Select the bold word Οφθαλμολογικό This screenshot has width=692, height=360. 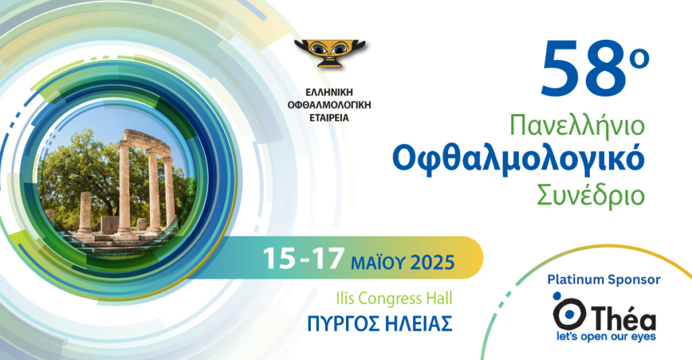click(518, 160)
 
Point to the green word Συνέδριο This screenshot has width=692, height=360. click(591, 195)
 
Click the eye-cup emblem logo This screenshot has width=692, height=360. click(330, 53)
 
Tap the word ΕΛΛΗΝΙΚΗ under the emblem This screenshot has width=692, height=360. click(329, 93)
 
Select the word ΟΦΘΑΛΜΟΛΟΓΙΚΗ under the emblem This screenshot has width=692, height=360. click(329, 105)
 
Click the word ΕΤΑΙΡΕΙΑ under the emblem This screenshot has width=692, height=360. click(329, 118)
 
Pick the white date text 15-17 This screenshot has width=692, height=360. click(303, 259)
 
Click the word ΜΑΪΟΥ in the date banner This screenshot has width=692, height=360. click(378, 263)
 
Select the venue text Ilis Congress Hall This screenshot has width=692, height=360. click(394, 299)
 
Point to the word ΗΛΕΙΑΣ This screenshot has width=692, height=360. click(418, 324)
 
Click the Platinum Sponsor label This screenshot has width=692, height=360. click(603, 279)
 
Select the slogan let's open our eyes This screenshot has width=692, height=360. click(605, 336)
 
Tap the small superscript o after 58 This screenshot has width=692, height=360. click(639, 59)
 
